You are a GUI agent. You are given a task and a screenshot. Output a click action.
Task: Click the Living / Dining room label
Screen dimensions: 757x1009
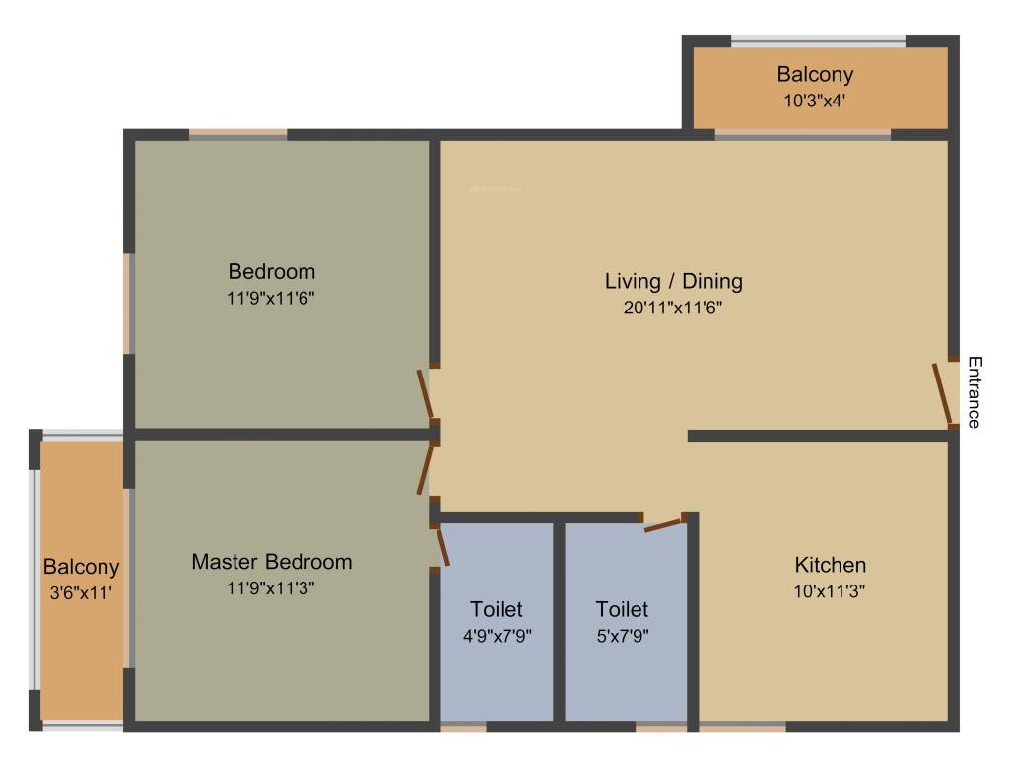coord(673,281)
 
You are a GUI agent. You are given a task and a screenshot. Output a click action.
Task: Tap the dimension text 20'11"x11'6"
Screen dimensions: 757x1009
coord(673,307)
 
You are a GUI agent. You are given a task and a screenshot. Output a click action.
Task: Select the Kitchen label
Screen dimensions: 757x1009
coord(830,565)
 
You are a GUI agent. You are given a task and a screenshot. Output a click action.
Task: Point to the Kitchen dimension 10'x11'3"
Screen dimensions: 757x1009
coord(830,590)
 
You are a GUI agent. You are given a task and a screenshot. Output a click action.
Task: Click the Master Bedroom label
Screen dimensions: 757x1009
coord(271,562)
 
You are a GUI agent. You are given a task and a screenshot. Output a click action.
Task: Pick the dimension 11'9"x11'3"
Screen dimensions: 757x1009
coord(271,588)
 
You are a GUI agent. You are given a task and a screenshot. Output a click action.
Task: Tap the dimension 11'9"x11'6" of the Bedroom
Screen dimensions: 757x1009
coord(271,297)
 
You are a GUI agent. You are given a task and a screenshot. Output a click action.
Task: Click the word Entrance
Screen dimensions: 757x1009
coord(974,391)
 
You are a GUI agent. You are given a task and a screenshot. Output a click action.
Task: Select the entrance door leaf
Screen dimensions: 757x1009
coord(942,392)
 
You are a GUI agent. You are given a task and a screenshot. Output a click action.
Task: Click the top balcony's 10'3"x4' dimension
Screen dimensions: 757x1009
coord(814,100)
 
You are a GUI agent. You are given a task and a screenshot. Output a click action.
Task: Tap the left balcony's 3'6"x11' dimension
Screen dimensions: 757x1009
coord(81,593)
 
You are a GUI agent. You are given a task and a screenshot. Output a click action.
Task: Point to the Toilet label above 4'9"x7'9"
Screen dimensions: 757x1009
coord(496,609)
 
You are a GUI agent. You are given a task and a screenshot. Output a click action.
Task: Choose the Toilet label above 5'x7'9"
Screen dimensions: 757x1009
coord(622,609)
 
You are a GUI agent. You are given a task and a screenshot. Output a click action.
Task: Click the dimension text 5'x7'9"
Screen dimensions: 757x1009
coord(622,635)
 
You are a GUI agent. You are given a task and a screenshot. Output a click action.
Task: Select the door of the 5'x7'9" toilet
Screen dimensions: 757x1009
coord(663,522)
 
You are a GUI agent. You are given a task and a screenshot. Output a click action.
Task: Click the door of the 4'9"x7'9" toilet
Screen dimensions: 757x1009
coord(443,546)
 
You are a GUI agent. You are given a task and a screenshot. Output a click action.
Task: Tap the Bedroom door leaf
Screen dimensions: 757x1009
coord(426,393)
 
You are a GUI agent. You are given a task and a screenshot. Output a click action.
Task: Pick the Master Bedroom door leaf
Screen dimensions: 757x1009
coord(425,469)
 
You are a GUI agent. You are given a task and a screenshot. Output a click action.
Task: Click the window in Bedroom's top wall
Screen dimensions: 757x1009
coord(237,135)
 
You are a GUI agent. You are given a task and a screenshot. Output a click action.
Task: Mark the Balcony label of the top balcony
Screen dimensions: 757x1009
coord(814,74)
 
